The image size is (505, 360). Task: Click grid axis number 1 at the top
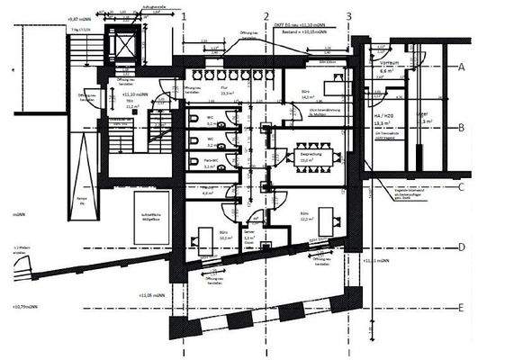185,16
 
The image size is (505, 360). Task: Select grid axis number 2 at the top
266,16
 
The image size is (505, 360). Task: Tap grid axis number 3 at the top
348,16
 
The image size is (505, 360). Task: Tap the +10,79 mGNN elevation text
27,308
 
